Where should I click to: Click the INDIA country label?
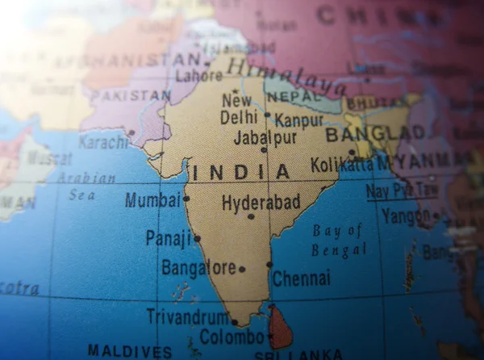click(x=240, y=172)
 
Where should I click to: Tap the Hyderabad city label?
click(x=261, y=203)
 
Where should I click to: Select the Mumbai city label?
click(x=152, y=199)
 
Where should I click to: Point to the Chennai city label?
click(x=301, y=278)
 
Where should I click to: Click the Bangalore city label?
click(x=198, y=267)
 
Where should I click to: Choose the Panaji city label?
click(x=169, y=237)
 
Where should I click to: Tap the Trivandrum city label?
click(x=187, y=316)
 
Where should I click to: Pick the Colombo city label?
click(x=232, y=336)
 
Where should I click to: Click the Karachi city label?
click(x=103, y=142)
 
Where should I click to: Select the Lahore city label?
click(x=198, y=76)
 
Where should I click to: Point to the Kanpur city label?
click(x=298, y=120)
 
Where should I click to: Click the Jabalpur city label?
click(x=265, y=137)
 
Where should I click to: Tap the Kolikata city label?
click(x=342, y=165)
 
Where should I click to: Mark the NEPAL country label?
click(x=294, y=96)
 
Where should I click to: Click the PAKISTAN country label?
click(x=130, y=95)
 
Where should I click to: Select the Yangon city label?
click(x=407, y=216)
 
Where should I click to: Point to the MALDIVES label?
click(x=129, y=351)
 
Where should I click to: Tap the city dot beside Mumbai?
click(x=186, y=198)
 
